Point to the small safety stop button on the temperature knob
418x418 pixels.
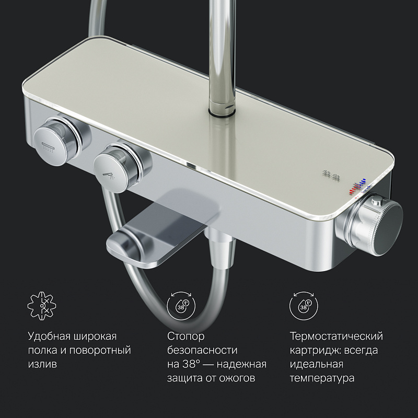click(377, 200)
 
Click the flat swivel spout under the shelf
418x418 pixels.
click(160, 235)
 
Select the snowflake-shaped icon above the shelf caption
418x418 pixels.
click(42, 306)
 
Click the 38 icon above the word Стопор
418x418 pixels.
click(181, 306)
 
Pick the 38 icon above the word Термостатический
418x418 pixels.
click(304, 306)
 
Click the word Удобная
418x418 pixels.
click(49, 336)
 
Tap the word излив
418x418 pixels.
click(42, 364)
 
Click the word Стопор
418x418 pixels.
click(186, 336)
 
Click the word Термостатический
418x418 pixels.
click(336, 336)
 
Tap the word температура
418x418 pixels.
click(322, 378)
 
